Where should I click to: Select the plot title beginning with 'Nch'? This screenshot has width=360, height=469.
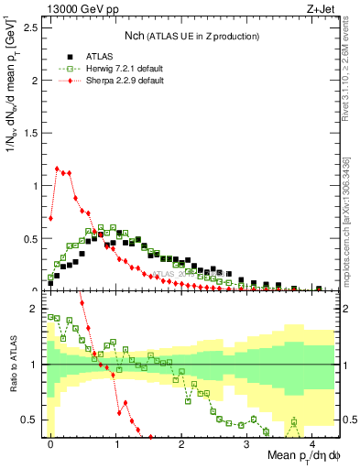[192, 35]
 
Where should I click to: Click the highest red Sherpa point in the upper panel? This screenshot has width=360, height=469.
[57, 169]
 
